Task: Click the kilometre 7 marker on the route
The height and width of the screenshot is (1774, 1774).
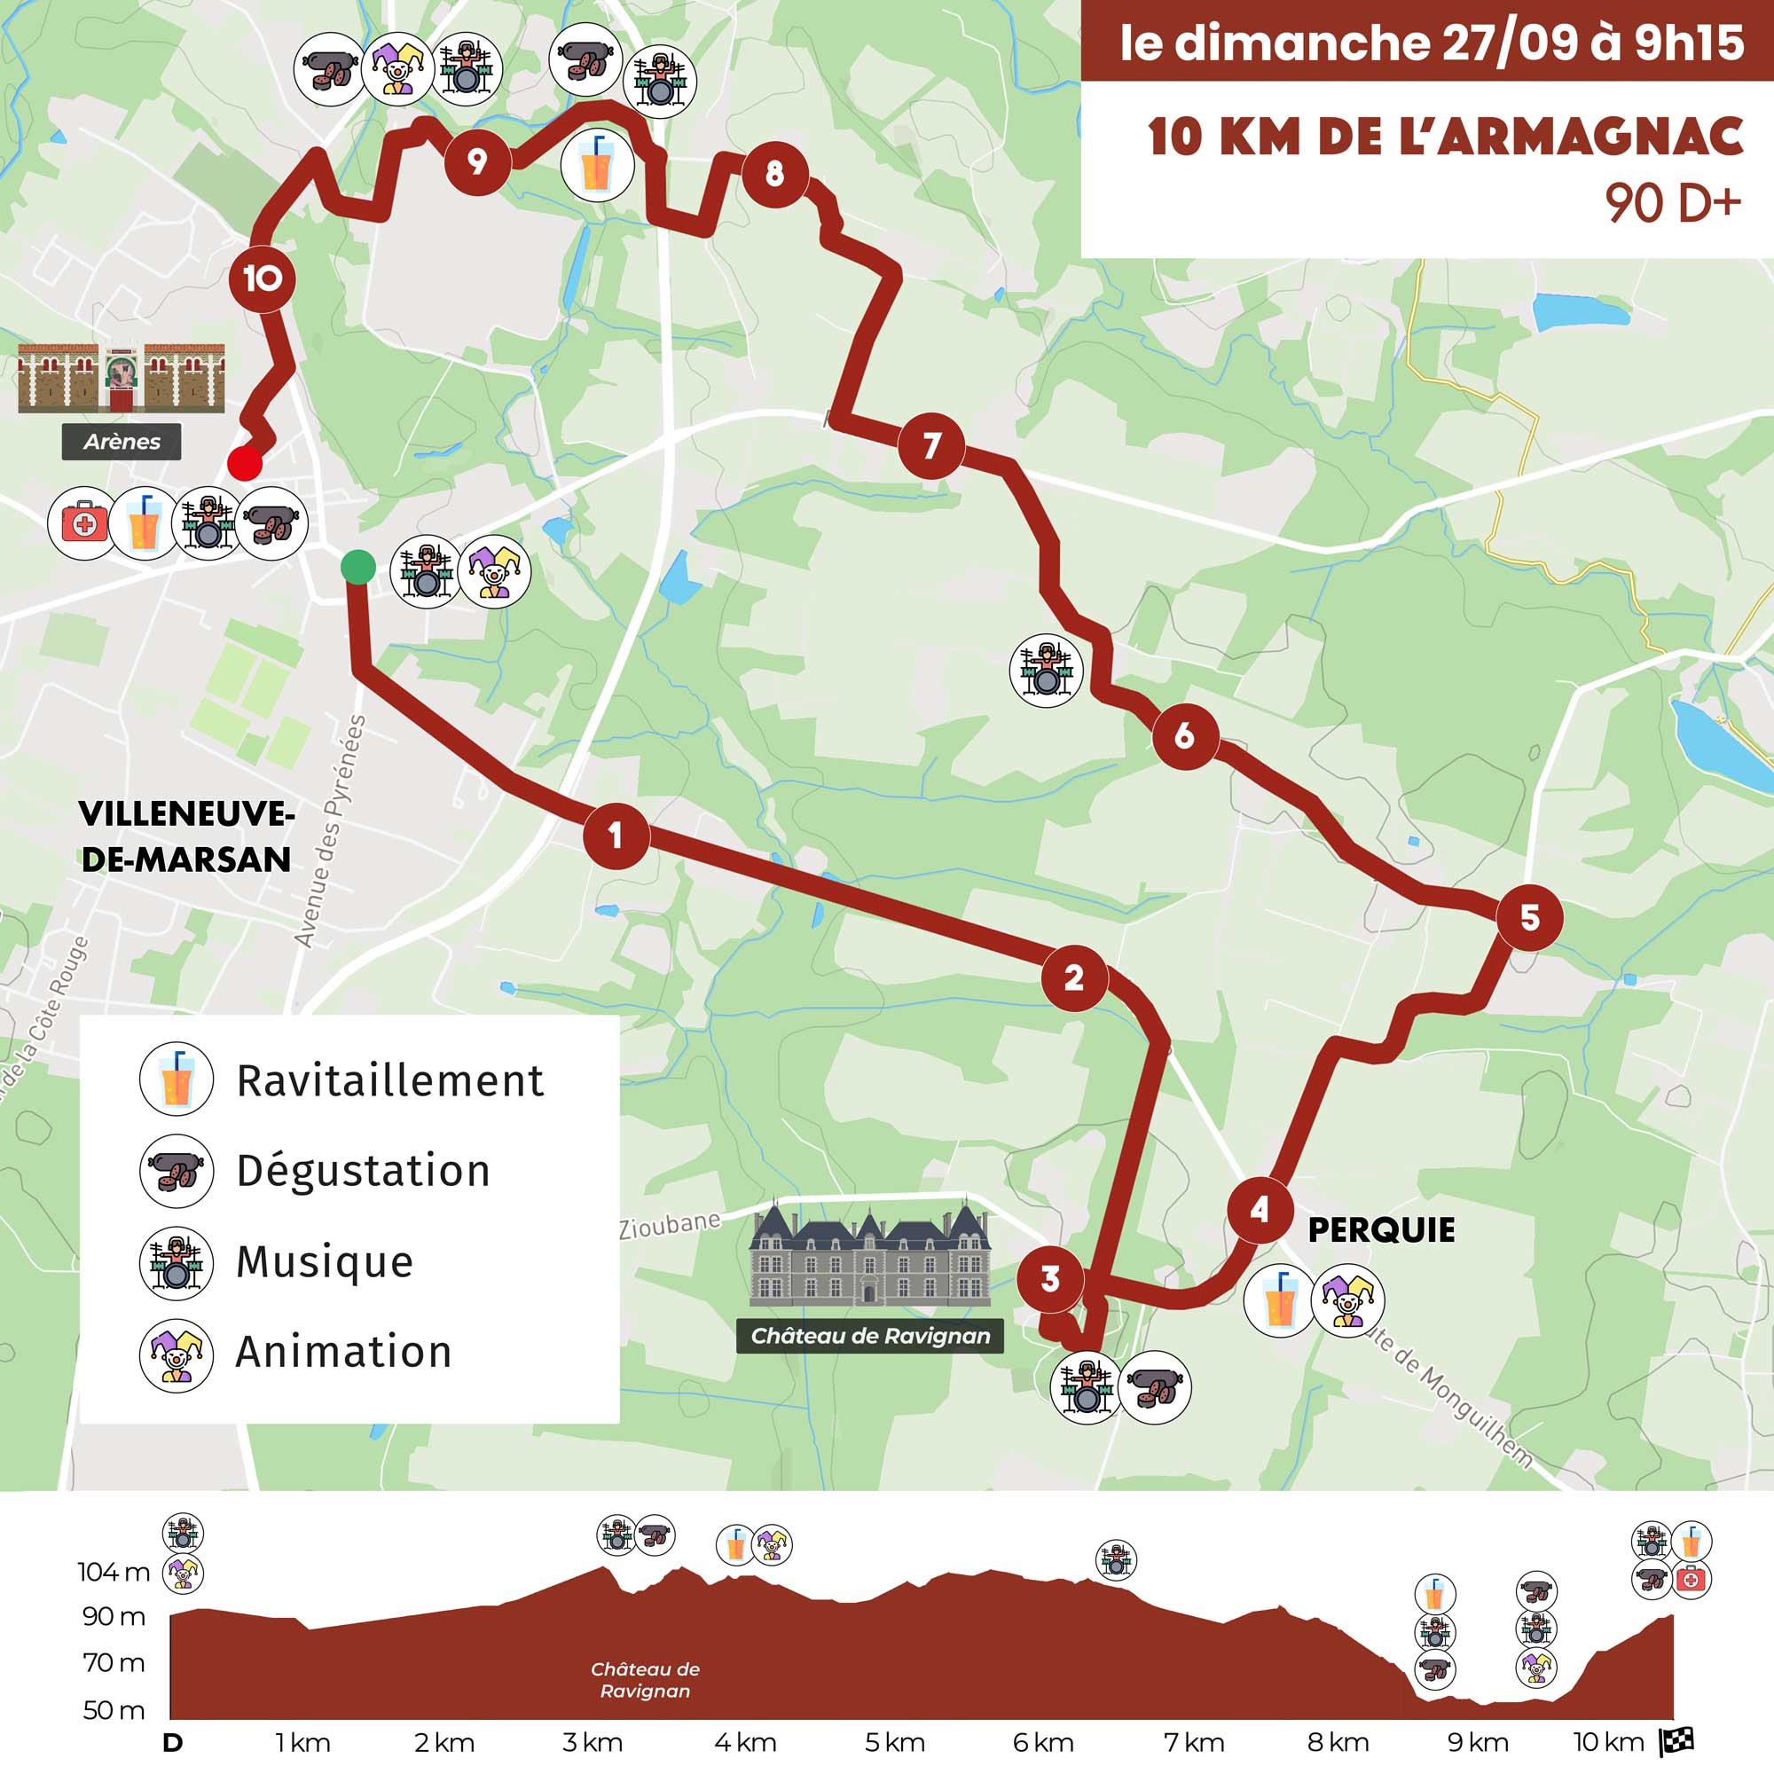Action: point(931,446)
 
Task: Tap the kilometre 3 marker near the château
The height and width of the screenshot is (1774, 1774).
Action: point(1050,1278)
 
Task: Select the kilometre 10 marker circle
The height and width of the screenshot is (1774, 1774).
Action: point(262,279)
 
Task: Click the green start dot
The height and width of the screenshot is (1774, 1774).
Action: point(358,567)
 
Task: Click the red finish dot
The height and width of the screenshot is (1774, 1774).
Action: point(245,463)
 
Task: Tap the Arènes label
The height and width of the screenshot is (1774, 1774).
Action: point(122,442)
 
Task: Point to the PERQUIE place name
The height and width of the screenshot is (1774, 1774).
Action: point(1381,1230)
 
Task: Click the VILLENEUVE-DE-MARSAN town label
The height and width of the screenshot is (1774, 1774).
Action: point(185,836)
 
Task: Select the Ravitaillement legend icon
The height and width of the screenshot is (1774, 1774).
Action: point(177,1079)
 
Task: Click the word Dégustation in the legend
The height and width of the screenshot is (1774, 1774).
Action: point(364,1171)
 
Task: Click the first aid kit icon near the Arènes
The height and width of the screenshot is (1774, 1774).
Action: point(82,524)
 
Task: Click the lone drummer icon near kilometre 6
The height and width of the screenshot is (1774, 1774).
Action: point(1046,671)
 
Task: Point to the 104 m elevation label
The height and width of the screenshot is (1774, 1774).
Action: point(113,1572)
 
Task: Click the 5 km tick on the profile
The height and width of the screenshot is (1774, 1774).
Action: point(894,1742)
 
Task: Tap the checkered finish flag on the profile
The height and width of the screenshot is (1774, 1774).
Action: point(1676,1741)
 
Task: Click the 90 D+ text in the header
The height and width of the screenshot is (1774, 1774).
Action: point(1672,204)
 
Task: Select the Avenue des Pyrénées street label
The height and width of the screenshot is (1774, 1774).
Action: point(330,832)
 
